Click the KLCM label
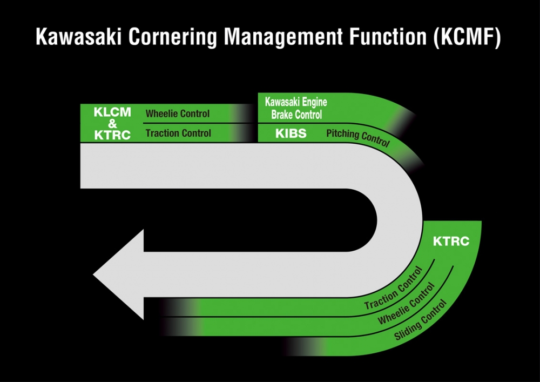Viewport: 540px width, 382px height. coord(112,113)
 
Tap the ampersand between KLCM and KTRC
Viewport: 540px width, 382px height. coord(112,124)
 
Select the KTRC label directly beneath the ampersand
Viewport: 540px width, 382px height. coord(112,135)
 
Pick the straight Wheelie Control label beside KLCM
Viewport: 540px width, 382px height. coord(178,114)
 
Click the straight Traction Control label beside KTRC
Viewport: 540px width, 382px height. coord(178,133)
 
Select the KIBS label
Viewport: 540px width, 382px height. coord(291,133)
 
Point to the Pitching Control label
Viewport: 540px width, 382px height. coord(357,138)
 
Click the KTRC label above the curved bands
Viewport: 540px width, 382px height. coord(451,242)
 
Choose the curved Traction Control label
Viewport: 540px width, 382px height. coord(393,289)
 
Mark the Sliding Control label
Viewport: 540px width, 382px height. coord(421,320)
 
